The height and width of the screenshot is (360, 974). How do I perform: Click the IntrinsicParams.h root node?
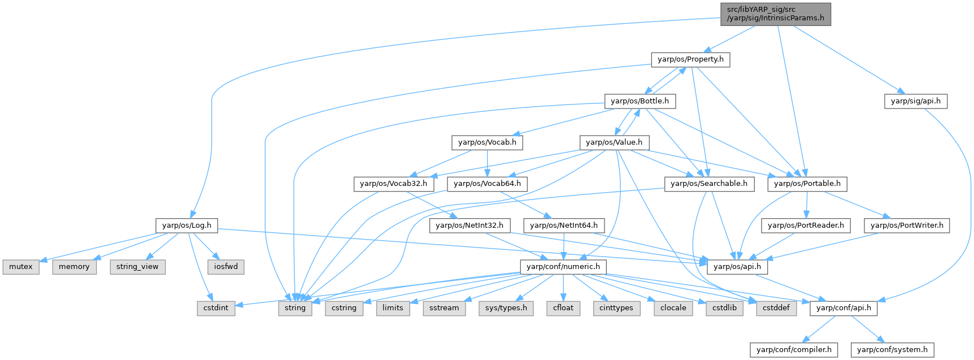(x=776, y=14)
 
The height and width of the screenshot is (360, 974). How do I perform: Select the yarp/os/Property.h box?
(x=690, y=59)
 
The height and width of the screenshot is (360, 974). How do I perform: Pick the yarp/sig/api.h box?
(x=915, y=101)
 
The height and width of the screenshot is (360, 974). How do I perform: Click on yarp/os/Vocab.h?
(x=487, y=142)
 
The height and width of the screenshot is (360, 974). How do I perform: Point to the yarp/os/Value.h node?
(x=614, y=142)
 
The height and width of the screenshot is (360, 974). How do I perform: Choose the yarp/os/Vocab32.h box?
(x=393, y=184)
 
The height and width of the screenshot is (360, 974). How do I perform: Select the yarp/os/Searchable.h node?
(x=708, y=184)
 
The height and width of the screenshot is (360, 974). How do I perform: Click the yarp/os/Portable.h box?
(x=807, y=184)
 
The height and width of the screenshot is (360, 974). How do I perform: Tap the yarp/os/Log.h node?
(x=186, y=225)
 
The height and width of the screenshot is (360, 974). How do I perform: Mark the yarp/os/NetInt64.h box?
(x=563, y=225)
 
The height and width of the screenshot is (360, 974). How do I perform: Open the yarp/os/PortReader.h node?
(x=806, y=225)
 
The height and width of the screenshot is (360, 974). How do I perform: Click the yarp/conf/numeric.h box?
(x=563, y=267)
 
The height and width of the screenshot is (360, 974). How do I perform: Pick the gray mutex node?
(x=21, y=267)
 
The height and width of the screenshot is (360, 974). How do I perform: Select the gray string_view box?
(x=137, y=267)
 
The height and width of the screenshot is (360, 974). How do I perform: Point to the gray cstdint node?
(x=216, y=308)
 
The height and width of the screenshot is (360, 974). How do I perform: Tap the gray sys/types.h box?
(x=506, y=308)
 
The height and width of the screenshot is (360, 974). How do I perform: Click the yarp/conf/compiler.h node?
(x=794, y=350)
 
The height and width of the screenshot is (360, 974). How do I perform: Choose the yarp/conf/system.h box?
(x=892, y=350)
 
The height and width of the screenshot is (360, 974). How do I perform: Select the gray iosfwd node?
(x=226, y=267)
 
